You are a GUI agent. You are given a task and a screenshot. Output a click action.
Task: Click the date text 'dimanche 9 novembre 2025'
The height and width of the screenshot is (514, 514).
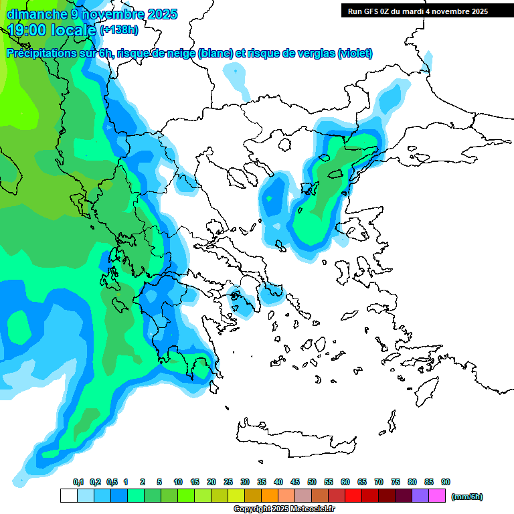point(92,14)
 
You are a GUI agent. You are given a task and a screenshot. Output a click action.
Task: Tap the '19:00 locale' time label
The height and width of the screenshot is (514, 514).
point(52,29)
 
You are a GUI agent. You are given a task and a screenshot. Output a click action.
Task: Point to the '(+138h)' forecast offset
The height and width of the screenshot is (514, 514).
point(118,30)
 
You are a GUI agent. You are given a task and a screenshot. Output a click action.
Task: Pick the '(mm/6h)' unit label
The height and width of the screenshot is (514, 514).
point(466,497)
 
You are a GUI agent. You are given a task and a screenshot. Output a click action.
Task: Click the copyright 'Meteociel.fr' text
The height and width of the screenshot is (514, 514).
point(303,509)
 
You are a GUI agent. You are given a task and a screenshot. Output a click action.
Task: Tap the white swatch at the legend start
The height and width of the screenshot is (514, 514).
point(68,496)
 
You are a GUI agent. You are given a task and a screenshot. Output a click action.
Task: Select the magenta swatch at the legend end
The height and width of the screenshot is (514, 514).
point(437,496)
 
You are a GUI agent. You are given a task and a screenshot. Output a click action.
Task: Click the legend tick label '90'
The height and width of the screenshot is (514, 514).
point(446,482)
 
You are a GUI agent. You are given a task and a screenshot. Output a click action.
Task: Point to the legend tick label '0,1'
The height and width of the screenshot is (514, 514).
point(78,482)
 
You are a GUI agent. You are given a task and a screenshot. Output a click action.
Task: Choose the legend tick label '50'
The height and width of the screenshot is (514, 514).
point(312,482)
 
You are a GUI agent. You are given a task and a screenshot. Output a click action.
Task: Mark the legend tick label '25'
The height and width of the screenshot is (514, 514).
point(228,482)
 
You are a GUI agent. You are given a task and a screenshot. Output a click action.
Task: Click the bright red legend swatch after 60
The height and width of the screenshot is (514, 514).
point(353,496)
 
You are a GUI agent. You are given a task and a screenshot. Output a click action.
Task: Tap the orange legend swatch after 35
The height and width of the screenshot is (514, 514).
point(270,496)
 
